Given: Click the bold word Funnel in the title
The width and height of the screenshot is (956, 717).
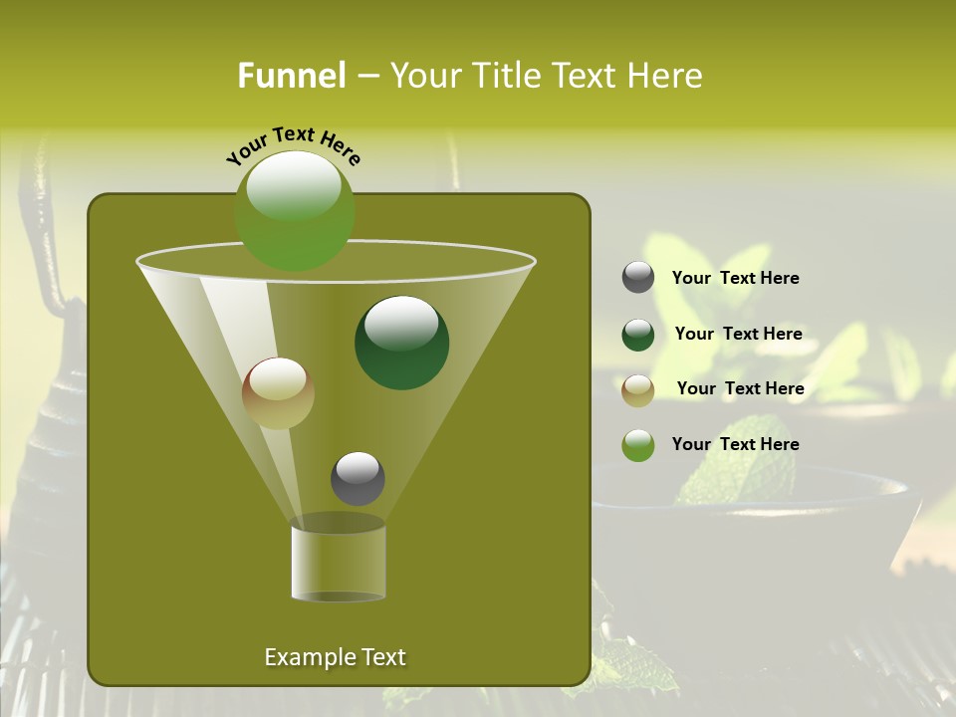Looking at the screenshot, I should tap(292, 76).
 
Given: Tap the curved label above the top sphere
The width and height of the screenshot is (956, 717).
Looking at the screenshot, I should tap(294, 145).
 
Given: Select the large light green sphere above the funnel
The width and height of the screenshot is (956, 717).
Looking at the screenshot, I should tap(295, 210).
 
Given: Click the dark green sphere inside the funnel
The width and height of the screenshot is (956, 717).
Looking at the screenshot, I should tap(401, 343).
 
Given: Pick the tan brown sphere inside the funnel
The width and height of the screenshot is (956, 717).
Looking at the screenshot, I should tap(278, 393).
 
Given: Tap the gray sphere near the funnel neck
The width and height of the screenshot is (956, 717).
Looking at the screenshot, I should tap(358, 479).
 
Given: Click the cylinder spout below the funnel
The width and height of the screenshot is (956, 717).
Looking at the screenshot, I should tap(338, 563).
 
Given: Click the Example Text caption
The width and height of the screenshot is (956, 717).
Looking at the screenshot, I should tap(335, 657).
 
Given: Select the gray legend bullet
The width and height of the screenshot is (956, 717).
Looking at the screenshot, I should tap(638, 278).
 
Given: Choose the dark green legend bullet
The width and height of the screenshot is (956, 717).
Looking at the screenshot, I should tap(638, 335).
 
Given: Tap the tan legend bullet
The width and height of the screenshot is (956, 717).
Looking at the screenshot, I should tap(638, 389).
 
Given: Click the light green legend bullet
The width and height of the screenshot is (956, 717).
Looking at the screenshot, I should tap(638, 445).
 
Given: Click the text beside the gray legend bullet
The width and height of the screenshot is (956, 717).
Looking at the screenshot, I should tap(735, 278).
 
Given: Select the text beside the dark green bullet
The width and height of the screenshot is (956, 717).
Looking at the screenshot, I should tap(738, 334).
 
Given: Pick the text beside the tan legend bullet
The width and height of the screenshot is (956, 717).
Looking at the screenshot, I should tap(740, 388).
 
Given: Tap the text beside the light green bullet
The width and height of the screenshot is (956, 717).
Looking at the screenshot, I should tap(735, 444).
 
